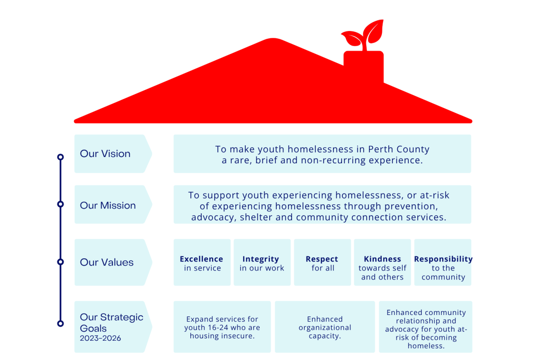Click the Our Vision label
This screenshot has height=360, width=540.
pos(105,153)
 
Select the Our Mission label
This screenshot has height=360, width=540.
pos(108,205)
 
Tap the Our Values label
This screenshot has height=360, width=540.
pos(107,262)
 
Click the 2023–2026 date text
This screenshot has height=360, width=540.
pos(100,338)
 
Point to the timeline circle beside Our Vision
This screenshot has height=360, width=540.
pos(60,157)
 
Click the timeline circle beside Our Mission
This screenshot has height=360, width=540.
pos(60,204)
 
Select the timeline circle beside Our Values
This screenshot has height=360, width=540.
pos(60,261)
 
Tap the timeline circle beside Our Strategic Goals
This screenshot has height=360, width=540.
pos(60,323)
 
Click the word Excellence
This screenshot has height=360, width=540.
pos(201,259)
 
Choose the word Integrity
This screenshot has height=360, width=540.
pos(261,259)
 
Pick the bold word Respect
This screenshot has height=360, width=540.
pos(322,259)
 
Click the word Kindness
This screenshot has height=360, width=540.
pos(382,259)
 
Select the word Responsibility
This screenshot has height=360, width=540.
pos(443,259)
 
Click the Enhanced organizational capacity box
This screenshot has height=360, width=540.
pos(324,327)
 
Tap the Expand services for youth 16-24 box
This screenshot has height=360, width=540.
pos(222,327)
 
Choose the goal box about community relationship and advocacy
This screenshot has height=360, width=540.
pos(426,327)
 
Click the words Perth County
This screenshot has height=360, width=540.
pos(399,149)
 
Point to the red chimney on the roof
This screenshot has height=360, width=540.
pos(364,67)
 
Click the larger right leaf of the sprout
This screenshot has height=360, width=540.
pos(373,31)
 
